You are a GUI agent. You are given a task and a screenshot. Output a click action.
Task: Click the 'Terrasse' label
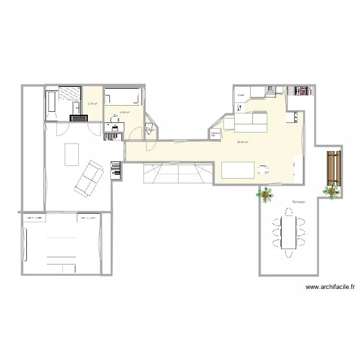(x=298, y=203)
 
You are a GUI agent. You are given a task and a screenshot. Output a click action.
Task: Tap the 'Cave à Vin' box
(x=215, y=134)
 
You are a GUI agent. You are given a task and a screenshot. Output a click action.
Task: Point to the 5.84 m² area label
(x=125, y=112)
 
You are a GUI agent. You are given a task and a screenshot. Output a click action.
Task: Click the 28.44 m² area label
(x=242, y=142)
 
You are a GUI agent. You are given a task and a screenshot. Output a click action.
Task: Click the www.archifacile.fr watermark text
(x=330, y=288)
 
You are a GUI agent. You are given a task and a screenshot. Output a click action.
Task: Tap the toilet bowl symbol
(x=149, y=129)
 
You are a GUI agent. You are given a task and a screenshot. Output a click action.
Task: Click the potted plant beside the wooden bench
(x=331, y=191)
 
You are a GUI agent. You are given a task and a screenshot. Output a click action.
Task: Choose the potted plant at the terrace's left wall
(x=264, y=194)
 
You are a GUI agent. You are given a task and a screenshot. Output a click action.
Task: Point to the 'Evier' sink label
(x=241, y=95)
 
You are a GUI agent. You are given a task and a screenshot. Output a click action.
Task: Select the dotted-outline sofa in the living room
(x=89, y=178)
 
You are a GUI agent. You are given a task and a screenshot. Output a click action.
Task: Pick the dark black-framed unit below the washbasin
(x=78, y=118)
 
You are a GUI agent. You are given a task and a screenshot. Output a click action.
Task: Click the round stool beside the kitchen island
(x=263, y=169)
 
